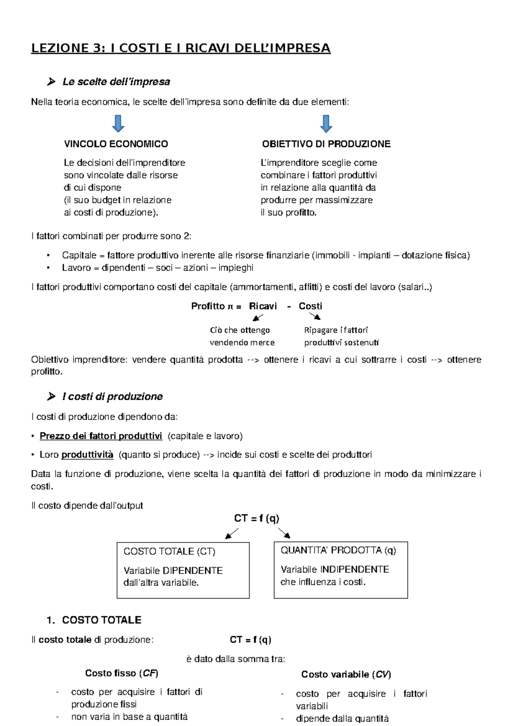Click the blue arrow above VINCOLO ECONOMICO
118,123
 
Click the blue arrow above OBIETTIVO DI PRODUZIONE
326,123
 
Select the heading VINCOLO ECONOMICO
116,144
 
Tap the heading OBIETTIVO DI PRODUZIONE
326,144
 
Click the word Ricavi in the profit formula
263,306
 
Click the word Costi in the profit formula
310,306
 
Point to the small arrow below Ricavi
258,317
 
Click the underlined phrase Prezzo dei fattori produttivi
101,436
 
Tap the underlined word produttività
87,454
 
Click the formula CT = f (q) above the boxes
256,519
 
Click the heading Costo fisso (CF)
121,673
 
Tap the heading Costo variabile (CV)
346,675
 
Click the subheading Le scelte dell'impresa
116,82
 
